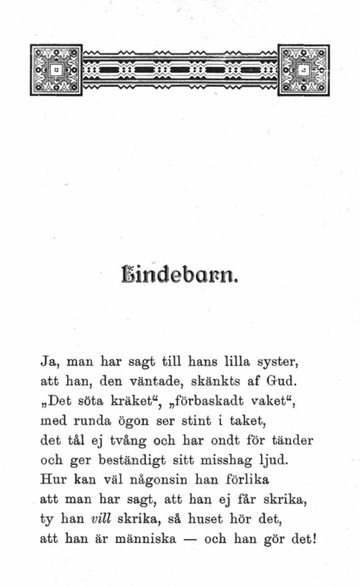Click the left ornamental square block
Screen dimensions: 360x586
click(56, 70)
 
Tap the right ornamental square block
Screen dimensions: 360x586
click(303, 70)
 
